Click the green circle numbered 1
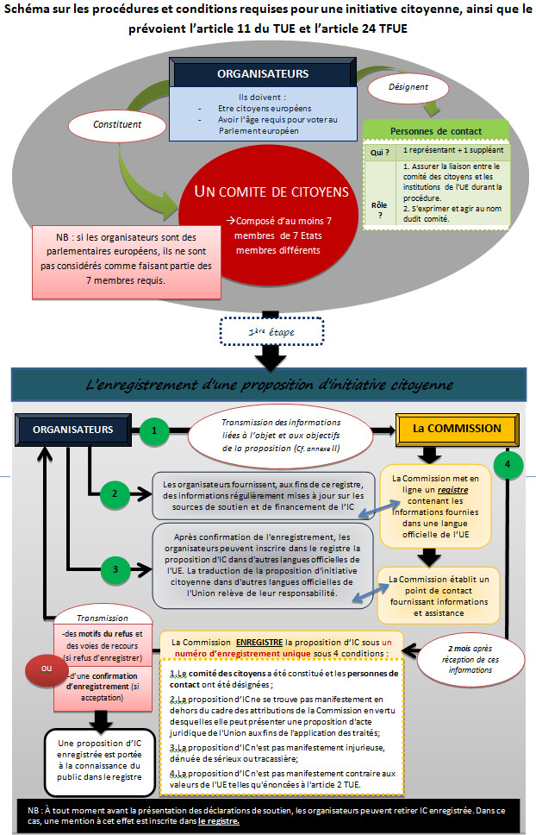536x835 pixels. tap(154, 430)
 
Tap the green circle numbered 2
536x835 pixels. tap(115, 493)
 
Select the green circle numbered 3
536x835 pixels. tap(115, 569)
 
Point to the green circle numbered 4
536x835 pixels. tap(508, 464)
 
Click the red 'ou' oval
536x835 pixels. tap(47, 669)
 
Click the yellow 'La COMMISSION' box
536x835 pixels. tap(457, 429)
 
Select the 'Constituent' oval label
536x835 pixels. tap(117, 124)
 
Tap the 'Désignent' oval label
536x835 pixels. tap(408, 87)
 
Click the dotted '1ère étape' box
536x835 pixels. tap(271, 332)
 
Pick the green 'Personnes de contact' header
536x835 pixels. tap(436, 131)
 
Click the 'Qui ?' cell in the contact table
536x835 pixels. tap(380, 153)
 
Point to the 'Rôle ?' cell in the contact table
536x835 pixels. tap(380, 210)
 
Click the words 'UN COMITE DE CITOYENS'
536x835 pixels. tap(271, 191)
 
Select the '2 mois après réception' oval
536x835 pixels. tap(470, 659)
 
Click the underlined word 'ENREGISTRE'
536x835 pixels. tap(259, 643)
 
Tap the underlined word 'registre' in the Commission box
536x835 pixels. tap(453, 490)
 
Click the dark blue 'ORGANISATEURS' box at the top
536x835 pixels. tap(263, 72)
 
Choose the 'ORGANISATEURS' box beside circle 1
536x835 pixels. tap(73, 430)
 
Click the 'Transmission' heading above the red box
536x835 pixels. tap(103, 618)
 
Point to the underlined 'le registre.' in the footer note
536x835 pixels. tap(219, 820)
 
